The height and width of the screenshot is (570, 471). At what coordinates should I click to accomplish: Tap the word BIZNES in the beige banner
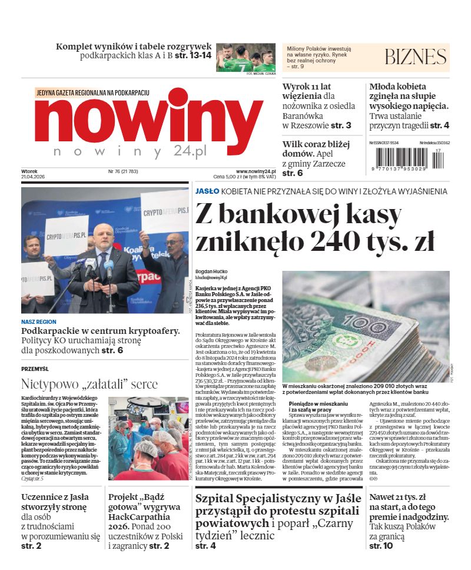tap(416, 57)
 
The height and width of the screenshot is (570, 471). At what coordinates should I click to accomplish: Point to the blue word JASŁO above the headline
tap(207, 191)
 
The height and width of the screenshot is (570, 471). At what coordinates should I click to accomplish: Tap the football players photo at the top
tap(246, 58)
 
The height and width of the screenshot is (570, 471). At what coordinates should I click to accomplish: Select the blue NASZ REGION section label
tap(39, 322)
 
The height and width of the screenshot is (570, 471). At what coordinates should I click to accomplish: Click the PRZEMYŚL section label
tap(35, 369)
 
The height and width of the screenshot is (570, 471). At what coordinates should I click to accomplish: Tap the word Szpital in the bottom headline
tap(218, 499)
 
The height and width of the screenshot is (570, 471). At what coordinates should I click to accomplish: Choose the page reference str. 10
tap(381, 546)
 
